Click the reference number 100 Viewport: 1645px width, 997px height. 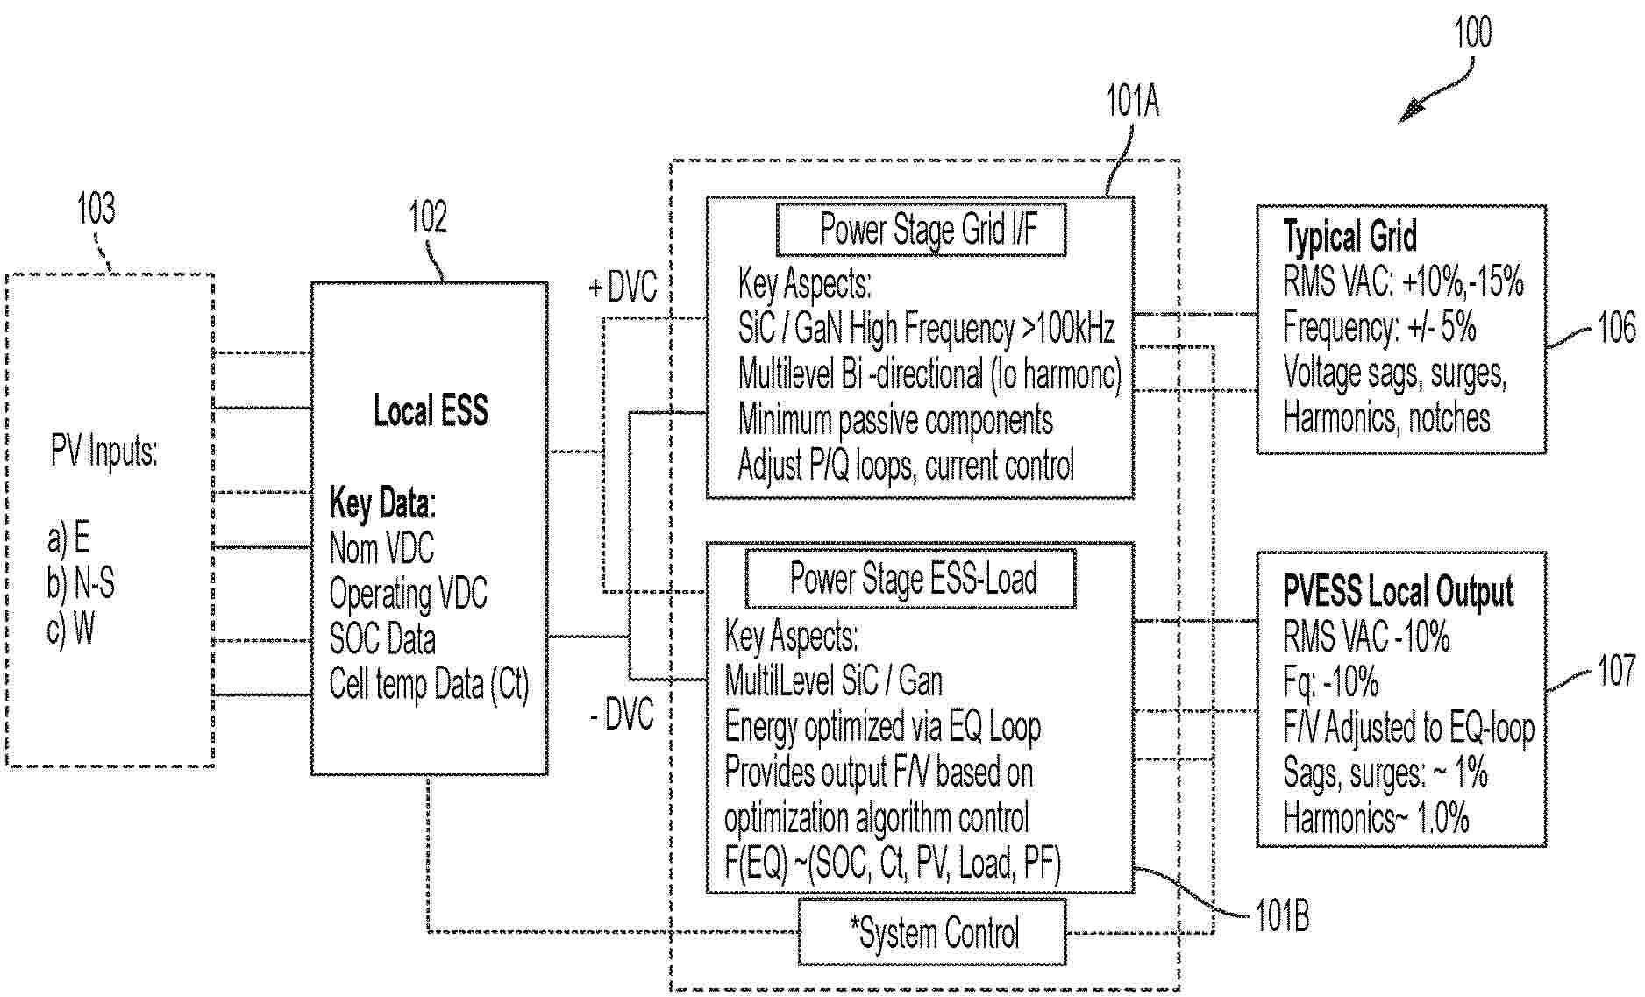coord(1472,32)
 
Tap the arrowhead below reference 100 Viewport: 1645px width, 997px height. coord(1409,113)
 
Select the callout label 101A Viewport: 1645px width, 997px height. coord(1132,103)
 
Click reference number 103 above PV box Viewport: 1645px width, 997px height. coord(96,209)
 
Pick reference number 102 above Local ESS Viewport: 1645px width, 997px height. coord(428,217)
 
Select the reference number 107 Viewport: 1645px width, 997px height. coord(1616,671)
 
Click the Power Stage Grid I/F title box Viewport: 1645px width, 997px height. coord(922,230)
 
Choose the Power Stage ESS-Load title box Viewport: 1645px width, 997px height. coord(910,579)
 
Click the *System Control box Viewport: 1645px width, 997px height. coord(933,933)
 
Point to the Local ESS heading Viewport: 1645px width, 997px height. coord(430,411)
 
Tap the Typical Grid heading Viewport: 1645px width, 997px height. coord(1349,237)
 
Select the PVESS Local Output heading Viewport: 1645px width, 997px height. coord(1398,592)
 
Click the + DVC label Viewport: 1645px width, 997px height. coord(622,287)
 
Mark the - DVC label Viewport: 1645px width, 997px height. coord(622,715)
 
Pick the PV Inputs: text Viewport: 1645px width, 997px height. coord(103,452)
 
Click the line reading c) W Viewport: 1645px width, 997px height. coord(70,629)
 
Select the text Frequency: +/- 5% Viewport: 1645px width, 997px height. coord(1379,327)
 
